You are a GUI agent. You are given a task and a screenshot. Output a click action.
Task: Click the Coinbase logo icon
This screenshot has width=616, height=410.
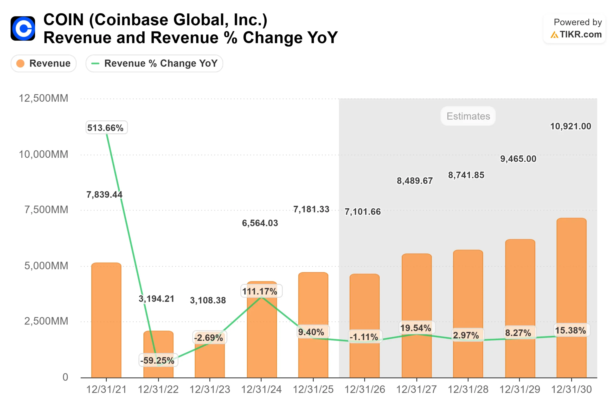coord(23,29)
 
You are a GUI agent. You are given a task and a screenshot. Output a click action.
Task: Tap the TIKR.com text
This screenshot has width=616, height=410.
coord(580,35)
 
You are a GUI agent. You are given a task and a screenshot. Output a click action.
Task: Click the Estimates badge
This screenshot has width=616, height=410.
coord(468,116)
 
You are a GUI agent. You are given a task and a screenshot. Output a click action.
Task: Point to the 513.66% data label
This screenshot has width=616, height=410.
coord(106,128)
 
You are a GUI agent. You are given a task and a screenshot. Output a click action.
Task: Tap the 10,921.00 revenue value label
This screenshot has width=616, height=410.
coord(571,126)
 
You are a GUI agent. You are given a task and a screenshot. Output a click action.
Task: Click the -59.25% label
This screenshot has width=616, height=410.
coord(158,360)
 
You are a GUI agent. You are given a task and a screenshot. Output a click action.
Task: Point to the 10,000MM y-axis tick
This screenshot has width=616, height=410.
coord(44,154)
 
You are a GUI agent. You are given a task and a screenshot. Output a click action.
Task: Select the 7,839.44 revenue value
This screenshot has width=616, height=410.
coord(104,195)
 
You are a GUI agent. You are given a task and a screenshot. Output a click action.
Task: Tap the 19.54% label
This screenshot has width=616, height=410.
coord(416,328)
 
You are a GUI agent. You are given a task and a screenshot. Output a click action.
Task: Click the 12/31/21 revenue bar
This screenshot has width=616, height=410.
coord(106,320)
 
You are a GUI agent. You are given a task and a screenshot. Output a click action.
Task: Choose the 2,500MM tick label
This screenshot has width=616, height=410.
coord(46,321)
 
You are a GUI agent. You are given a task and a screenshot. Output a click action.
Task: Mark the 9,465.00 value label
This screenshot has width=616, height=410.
coord(518,159)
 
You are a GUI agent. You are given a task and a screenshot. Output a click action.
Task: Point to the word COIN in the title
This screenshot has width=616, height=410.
coord(64,20)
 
